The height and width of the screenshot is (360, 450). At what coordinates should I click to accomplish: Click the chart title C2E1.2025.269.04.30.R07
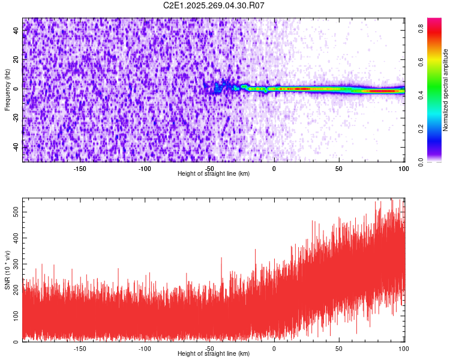[214, 5]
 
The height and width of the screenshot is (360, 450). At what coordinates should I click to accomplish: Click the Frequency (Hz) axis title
[7, 89]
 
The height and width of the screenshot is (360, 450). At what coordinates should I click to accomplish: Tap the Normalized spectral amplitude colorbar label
[446, 89]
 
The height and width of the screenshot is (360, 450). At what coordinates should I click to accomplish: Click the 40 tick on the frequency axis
[17, 31]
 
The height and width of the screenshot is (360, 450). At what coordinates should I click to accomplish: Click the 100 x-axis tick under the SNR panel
[403, 348]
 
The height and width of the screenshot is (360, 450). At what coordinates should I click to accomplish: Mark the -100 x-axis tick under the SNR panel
[145, 348]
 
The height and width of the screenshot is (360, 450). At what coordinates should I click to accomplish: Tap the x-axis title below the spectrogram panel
[214, 173]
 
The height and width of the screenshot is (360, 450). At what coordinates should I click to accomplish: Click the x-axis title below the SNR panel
[214, 354]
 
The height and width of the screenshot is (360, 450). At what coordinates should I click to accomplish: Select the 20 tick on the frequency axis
[17, 60]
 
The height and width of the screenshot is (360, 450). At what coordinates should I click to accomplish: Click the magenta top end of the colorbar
[434, 22]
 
